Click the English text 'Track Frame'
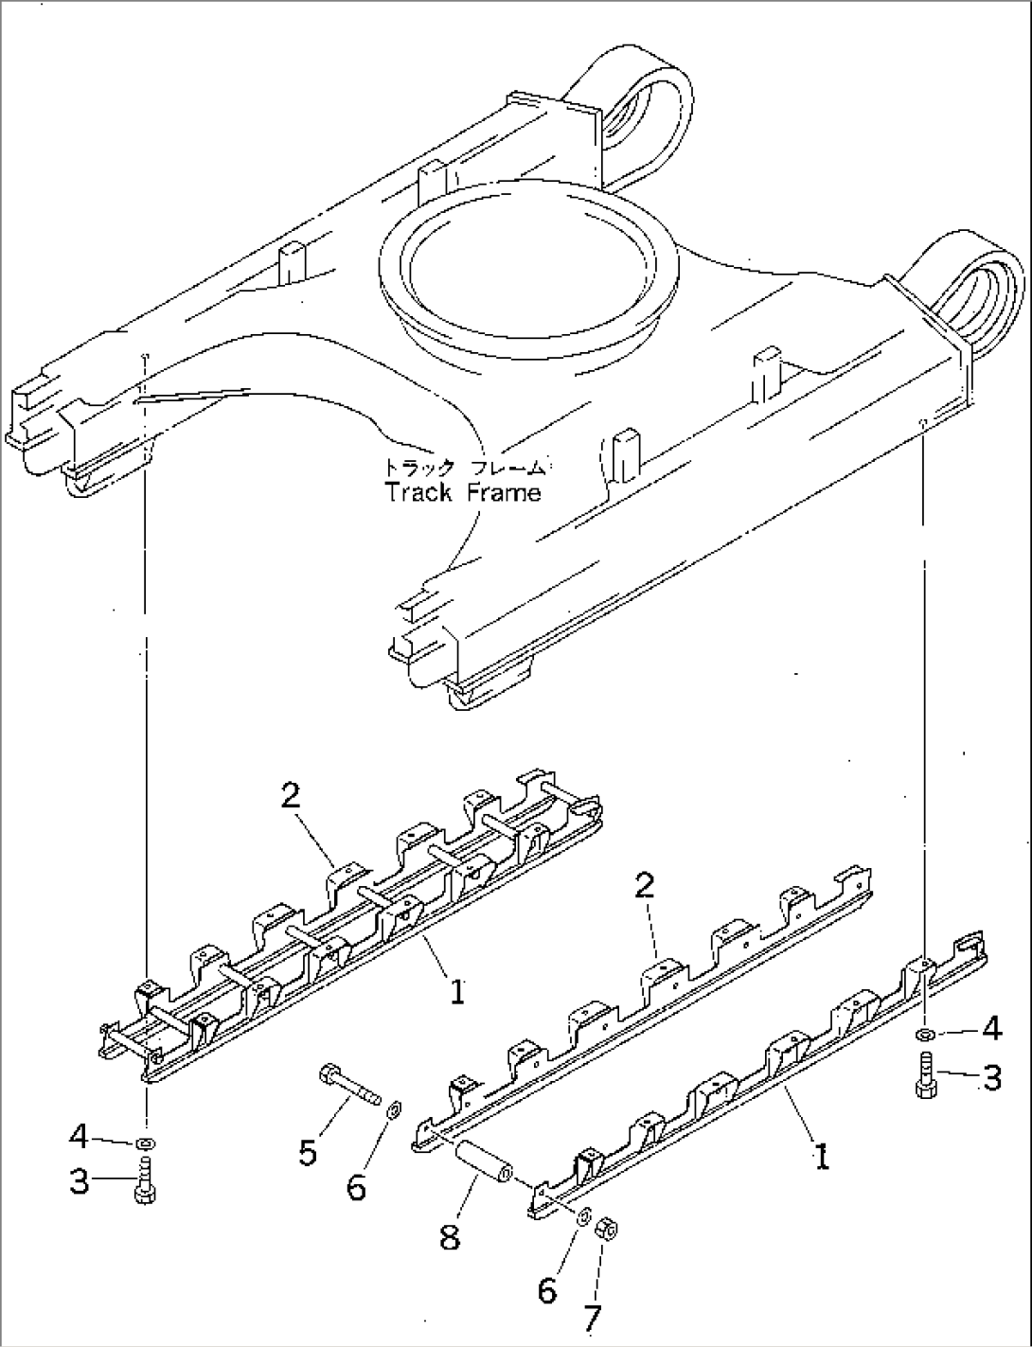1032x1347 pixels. (x=463, y=492)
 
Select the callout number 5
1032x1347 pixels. (x=308, y=1152)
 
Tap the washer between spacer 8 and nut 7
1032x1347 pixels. (x=584, y=1214)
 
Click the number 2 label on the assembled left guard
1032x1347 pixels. (x=291, y=796)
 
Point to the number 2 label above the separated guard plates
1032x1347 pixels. (x=644, y=887)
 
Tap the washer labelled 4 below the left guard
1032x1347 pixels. (x=146, y=1143)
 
